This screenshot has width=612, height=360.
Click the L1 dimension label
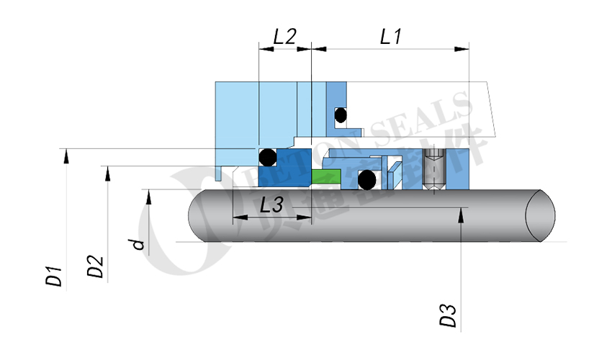390,37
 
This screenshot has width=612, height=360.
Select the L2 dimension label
284,37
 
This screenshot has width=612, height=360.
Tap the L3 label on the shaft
271,205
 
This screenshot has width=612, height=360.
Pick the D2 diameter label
95,266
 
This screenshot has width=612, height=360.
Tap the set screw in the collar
433,171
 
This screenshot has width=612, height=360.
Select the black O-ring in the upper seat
340,114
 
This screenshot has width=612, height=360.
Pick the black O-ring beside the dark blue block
266,156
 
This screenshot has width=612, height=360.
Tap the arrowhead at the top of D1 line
66,153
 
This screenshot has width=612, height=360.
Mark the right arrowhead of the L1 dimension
462,49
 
